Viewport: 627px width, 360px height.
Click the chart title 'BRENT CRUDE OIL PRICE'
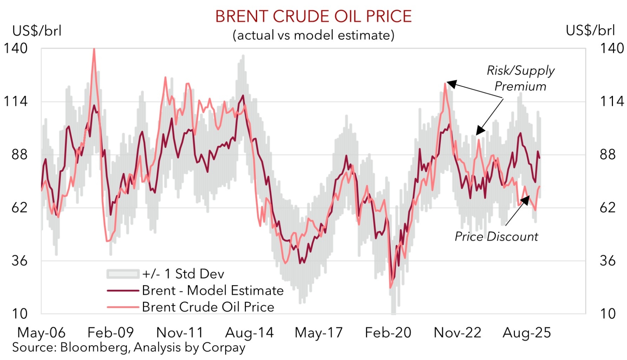point(313,17)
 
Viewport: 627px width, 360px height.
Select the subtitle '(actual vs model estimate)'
point(313,35)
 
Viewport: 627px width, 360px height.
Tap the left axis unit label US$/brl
point(37,31)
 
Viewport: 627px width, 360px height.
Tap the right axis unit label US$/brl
point(590,31)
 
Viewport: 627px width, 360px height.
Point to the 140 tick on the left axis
point(15,48)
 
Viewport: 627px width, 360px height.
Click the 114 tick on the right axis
point(612,102)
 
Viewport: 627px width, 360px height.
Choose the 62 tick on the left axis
point(19,208)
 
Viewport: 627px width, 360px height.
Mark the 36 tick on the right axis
point(608,261)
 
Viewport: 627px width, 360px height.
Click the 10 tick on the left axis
point(19,314)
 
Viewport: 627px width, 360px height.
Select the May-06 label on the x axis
point(41,333)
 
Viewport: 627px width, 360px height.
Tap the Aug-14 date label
point(249,333)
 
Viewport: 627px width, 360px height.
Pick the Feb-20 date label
point(388,333)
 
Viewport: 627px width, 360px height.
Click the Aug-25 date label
point(527,333)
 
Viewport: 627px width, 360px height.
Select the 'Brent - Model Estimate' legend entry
point(212,291)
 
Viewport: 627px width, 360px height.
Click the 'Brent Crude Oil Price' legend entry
point(208,307)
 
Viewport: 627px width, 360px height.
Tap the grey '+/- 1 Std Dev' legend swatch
point(123,274)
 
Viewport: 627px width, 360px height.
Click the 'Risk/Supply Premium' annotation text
point(520,78)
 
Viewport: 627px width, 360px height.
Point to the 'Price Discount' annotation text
point(496,237)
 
